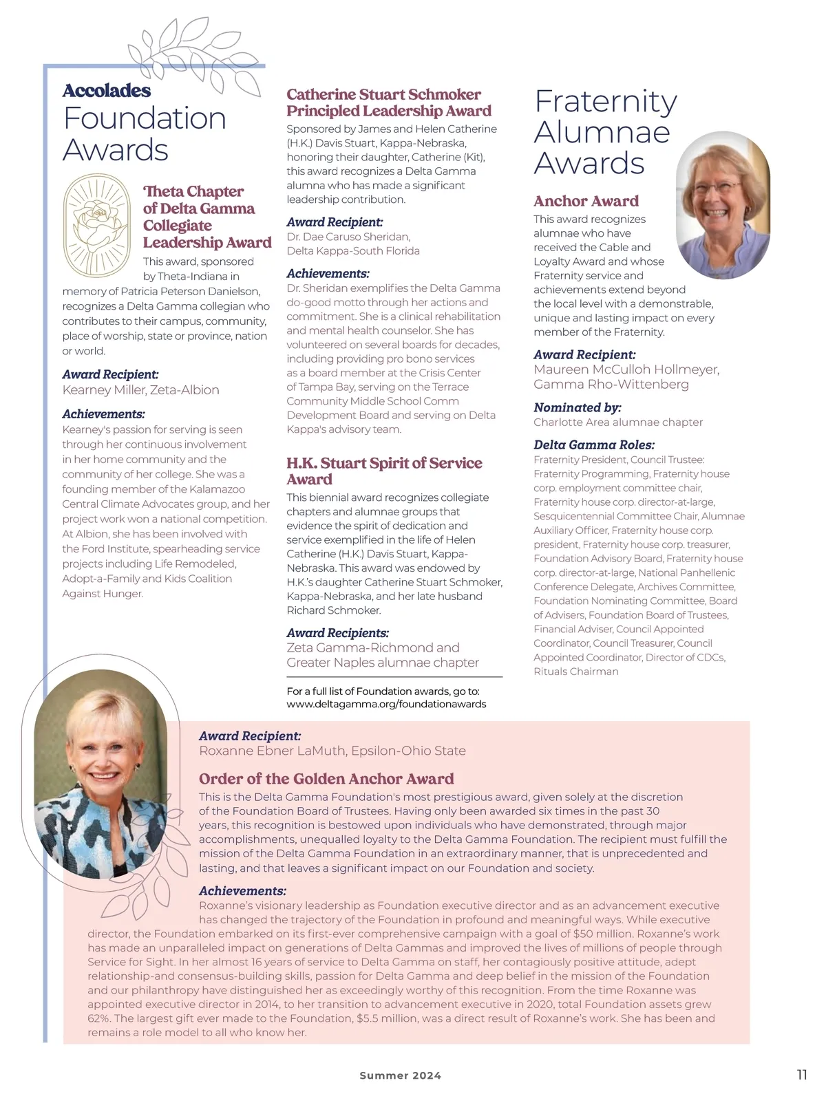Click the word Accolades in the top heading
(107, 90)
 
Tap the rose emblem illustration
(96, 224)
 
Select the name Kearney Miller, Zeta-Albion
(140, 389)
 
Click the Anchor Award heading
(586, 201)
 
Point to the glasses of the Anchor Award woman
(717, 186)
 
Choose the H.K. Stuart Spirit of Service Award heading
(383, 471)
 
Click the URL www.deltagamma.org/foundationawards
(386, 704)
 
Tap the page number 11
(802, 1075)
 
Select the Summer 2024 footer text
(400, 1075)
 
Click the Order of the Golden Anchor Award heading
(326, 779)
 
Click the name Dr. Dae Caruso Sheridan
(348, 237)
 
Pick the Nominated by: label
(577, 407)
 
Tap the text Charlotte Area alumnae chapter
(618, 422)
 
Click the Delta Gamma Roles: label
(593, 444)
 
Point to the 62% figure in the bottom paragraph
(100, 1018)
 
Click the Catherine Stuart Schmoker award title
(389, 103)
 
